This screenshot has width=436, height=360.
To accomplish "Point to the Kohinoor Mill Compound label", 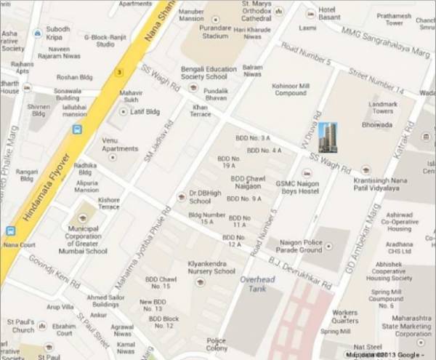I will [290, 89].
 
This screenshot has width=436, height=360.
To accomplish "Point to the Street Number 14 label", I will [375, 80].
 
